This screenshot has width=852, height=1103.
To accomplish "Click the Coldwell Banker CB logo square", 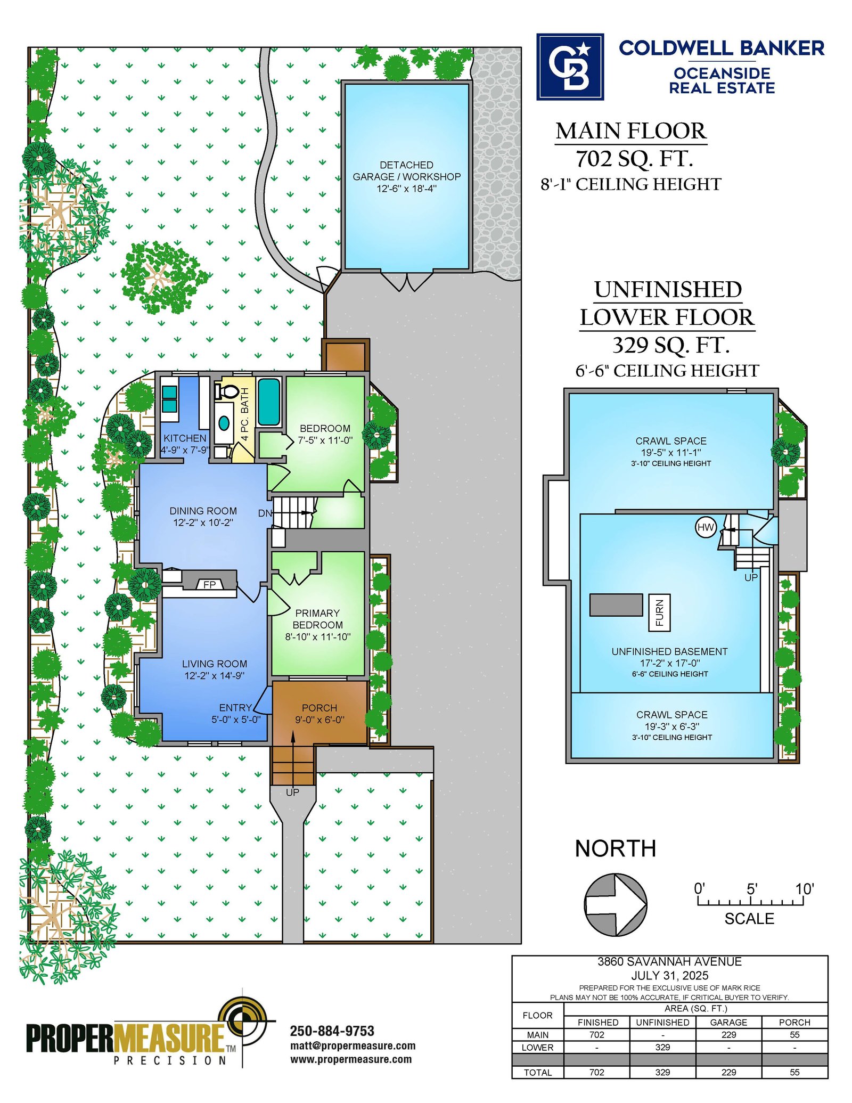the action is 570,67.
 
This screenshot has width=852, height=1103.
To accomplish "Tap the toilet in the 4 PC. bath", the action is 226,391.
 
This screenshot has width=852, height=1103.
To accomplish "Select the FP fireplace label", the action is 210,584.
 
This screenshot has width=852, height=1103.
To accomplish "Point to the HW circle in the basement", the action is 706,527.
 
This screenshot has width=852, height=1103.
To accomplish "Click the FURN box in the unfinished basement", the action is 659,612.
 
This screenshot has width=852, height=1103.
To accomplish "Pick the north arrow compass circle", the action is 616,904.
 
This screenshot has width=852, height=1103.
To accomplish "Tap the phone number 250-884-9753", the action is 332,1031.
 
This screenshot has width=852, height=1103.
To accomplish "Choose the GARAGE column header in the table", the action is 728,1022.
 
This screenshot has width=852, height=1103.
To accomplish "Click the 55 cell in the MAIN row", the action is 794,1034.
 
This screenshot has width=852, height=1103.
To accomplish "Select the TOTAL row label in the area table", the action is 537,1072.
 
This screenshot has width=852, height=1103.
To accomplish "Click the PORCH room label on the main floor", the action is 319,708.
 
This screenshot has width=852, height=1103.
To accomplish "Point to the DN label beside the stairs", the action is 265,513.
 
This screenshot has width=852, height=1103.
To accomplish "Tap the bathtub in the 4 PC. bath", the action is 269,402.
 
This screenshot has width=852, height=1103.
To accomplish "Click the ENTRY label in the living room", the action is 235,708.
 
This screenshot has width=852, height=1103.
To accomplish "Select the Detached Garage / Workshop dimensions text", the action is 407,189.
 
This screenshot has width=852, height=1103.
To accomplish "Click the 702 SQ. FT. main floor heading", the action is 634,158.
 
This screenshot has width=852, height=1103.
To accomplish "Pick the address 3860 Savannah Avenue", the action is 669,962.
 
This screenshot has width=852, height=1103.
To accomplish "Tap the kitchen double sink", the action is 169,399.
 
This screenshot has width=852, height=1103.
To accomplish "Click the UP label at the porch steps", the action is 292,792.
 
